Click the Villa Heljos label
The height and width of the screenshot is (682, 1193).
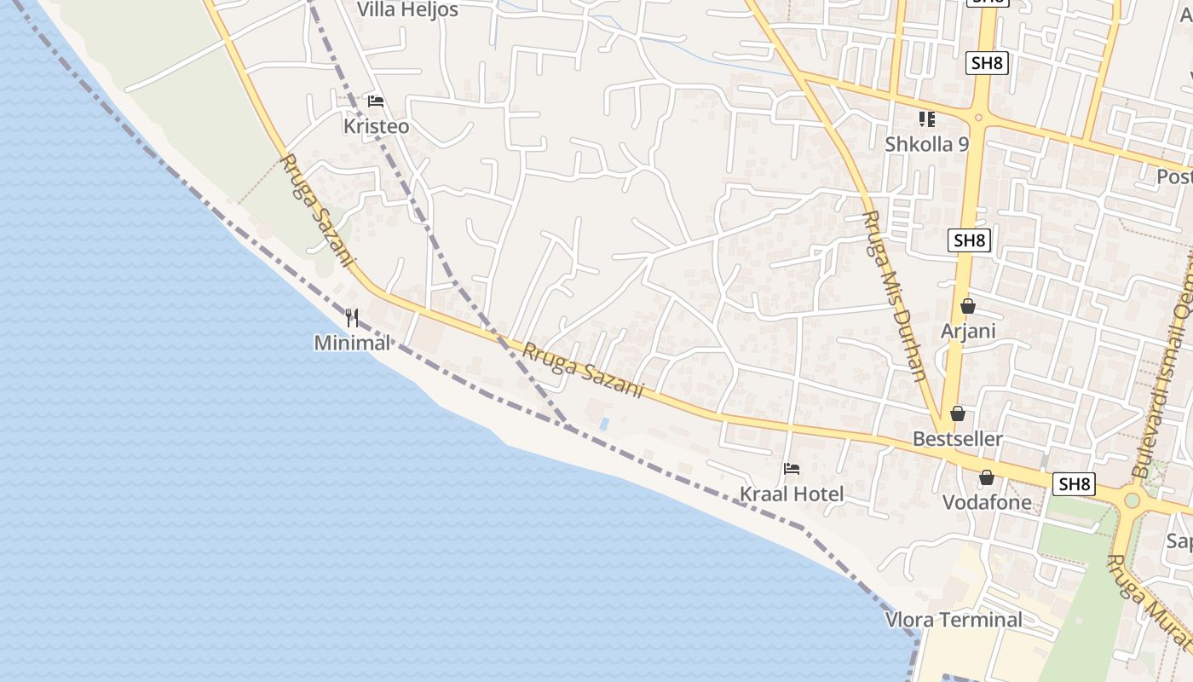point(407,10)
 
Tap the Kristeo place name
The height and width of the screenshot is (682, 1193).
point(376,126)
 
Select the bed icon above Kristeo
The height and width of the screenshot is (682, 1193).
point(376,101)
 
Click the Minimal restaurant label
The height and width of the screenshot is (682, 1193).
point(352,343)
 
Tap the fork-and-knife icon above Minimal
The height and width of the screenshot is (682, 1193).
point(352,318)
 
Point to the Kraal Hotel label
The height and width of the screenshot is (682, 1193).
point(792,494)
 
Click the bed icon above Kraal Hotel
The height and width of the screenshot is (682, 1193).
point(792,469)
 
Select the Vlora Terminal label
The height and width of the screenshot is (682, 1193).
point(954,620)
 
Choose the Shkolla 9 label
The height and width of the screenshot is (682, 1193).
point(926,144)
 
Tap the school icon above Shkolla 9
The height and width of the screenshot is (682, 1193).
point(926,119)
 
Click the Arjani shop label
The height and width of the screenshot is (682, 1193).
point(968,330)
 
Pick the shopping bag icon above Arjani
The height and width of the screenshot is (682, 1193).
point(968,305)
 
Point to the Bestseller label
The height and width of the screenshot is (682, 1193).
point(958,439)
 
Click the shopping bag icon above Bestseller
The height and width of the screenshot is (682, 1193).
point(958,413)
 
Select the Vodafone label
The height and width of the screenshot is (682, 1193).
point(987,502)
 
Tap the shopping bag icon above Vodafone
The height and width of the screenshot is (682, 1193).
point(987,477)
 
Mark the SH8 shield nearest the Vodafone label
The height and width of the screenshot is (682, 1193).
point(1074,484)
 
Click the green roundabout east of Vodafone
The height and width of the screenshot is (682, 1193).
point(1132,500)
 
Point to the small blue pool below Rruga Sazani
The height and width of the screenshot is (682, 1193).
point(604,424)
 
